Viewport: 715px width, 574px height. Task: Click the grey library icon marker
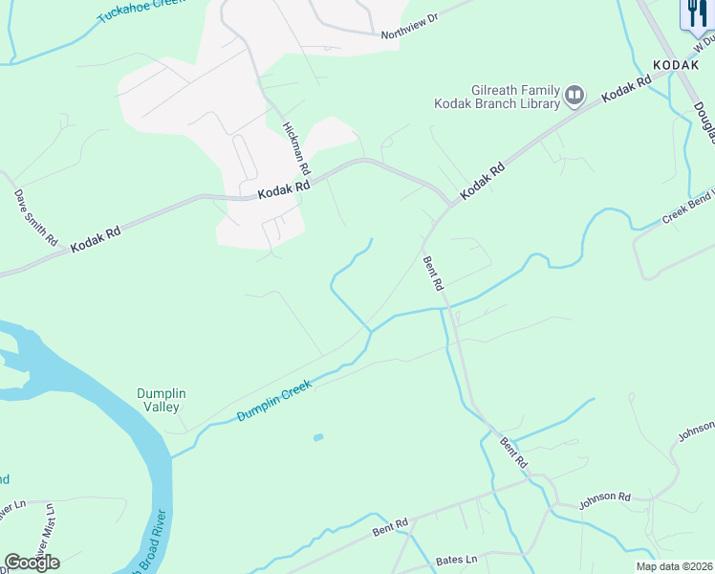click(574, 95)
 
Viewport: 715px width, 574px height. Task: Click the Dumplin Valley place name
click(160, 400)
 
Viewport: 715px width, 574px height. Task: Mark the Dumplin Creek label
click(276, 401)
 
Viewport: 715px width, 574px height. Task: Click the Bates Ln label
click(456, 559)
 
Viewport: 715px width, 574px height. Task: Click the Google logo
click(32, 563)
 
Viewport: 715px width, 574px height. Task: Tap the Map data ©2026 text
click(675, 566)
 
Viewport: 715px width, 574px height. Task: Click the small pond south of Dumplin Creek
click(317, 438)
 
